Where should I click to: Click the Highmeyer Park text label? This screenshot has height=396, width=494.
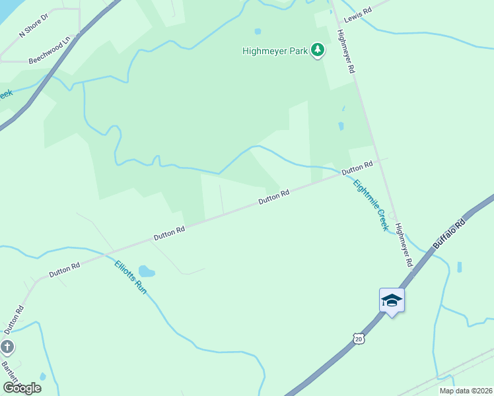[x=275, y=50]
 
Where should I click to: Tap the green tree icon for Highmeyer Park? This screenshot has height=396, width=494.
[x=318, y=50]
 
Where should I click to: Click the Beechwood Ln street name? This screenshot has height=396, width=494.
[x=49, y=53]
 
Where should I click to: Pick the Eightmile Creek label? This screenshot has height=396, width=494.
[x=370, y=205]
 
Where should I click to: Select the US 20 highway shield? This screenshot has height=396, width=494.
[x=358, y=338]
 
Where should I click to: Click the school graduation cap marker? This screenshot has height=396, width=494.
[x=392, y=300]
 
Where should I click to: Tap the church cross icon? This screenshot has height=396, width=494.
[x=7, y=346]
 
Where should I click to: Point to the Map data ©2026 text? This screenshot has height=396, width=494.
[x=466, y=391]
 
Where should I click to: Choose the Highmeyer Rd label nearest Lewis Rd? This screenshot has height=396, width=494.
[x=347, y=51]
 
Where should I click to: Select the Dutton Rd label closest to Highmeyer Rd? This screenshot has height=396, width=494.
[x=357, y=168]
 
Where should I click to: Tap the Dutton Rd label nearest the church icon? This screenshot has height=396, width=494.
[x=14, y=319]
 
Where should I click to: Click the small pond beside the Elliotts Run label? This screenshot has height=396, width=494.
[x=147, y=271]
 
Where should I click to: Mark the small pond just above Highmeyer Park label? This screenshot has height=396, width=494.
[x=258, y=31]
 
